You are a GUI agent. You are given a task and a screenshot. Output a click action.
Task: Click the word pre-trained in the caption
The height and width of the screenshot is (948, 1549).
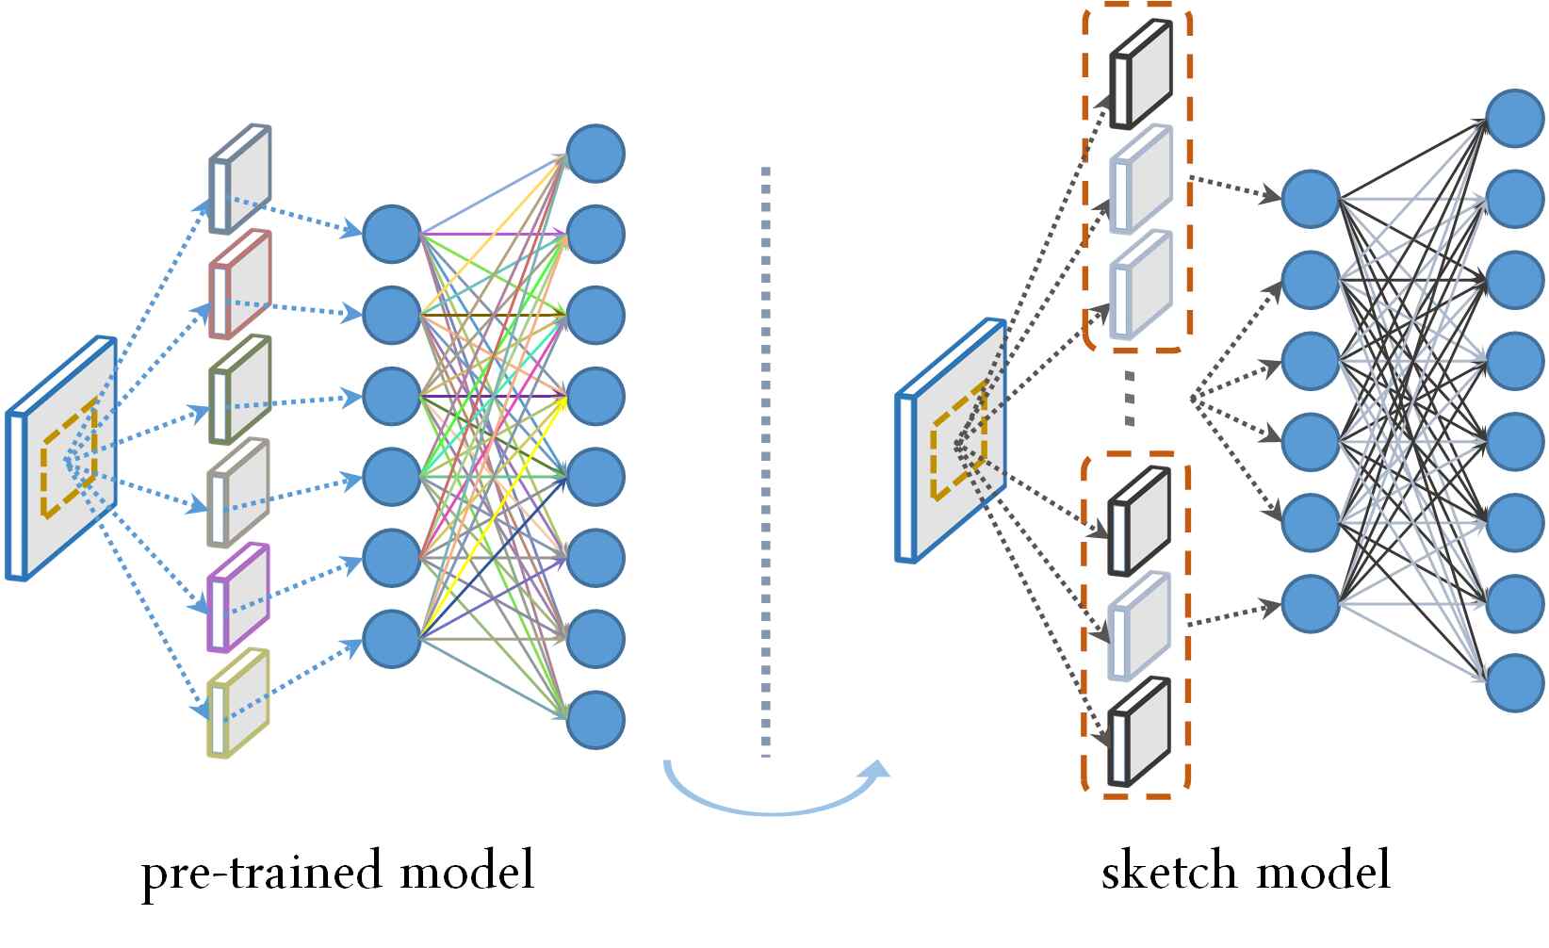pos(264,873)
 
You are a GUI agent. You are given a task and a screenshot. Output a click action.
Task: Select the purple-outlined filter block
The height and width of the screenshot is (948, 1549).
pos(238,597)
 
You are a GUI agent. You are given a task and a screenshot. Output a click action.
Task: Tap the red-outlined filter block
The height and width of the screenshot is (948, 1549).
pos(240,285)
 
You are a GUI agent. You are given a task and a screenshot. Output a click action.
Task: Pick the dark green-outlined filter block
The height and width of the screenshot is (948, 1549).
pos(240,389)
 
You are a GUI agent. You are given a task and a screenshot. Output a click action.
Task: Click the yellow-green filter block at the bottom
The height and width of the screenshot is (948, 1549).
pos(238,703)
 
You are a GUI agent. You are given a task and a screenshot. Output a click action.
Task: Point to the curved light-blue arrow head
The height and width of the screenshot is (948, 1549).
pos(876,771)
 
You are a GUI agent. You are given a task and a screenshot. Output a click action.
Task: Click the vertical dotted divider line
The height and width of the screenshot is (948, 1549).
pos(765,462)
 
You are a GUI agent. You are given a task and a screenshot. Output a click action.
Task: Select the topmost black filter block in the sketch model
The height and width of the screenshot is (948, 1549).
pos(1141,74)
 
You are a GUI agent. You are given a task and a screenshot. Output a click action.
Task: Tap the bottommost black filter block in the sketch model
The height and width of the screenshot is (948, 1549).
pos(1139,731)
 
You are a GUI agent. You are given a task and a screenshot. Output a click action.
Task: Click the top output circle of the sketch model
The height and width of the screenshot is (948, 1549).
pos(1515,118)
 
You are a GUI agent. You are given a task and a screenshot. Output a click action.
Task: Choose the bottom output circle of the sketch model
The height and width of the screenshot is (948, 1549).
pos(1515,683)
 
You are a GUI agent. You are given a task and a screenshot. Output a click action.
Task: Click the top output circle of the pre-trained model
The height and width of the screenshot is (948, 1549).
pos(595,154)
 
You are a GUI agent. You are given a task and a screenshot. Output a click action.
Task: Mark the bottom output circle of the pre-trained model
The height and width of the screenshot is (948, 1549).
pos(595,720)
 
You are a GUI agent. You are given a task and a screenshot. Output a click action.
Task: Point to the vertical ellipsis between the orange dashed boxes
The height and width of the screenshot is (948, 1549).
pos(1130,399)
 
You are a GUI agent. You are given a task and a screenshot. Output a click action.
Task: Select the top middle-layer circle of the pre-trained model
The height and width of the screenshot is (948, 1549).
pos(392,234)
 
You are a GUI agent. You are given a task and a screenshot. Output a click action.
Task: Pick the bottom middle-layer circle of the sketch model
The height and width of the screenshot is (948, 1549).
pos(1311,604)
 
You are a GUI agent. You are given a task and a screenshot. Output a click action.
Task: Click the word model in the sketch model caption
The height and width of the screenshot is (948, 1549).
pos(1323,870)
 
